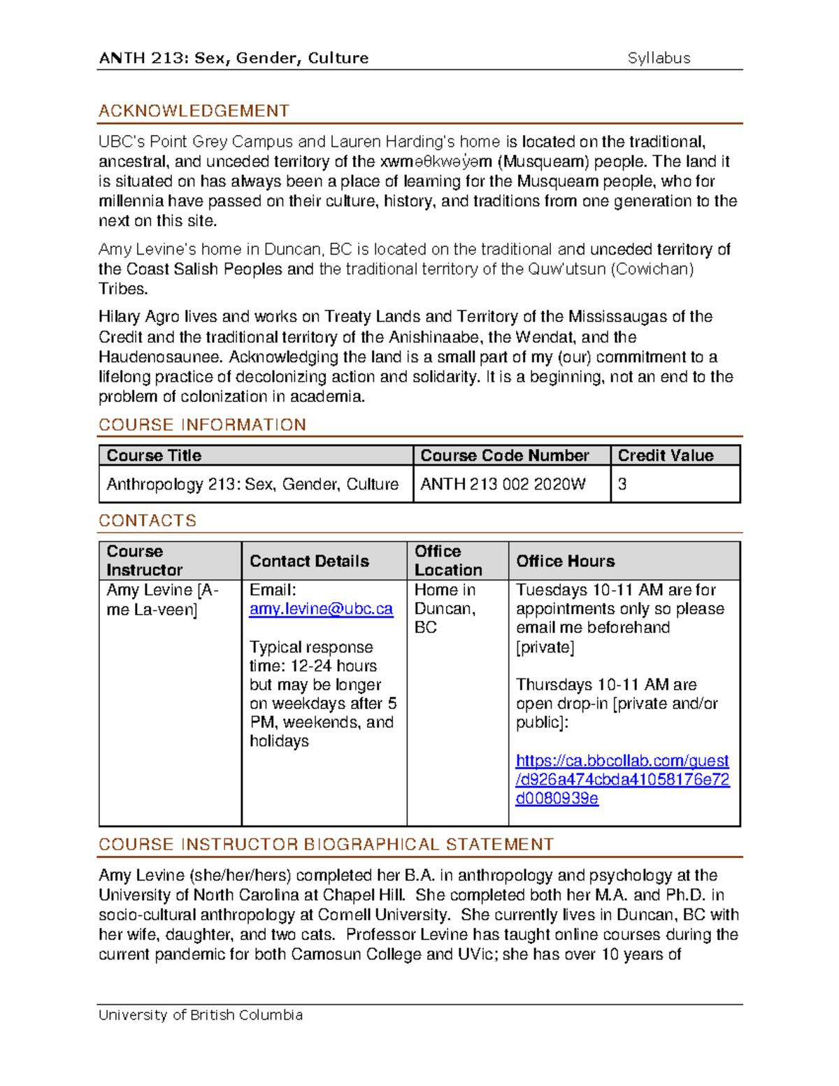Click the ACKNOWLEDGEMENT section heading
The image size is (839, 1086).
click(x=194, y=111)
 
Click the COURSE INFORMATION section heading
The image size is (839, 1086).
click(x=202, y=425)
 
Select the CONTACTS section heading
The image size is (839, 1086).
click(x=148, y=521)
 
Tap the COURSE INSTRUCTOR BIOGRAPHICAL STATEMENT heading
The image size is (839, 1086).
click(x=326, y=845)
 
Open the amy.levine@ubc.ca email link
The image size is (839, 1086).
click(x=321, y=609)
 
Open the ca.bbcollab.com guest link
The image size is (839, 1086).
click(x=622, y=779)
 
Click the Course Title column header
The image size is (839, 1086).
click(x=154, y=456)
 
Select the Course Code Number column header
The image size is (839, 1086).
click(x=504, y=456)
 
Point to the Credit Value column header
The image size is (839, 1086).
click(x=665, y=456)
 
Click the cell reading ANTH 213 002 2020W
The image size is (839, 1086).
click(x=503, y=485)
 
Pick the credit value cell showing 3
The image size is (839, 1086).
click(x=622, y=485)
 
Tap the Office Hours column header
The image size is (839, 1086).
click(x=565, y=562)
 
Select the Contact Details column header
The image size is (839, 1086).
click(x=309, y=562)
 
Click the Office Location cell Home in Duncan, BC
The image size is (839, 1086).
click(x=445, y=609)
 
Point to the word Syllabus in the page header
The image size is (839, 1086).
click(x=659, y=59)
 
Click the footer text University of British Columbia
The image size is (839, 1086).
click(x=201, y=1015)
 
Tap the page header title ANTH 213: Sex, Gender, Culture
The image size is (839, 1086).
click(x=234, y=59)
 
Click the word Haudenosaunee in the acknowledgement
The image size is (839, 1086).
click(x=162, y=357)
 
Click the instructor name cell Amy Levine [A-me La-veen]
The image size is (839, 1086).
click(x=162, y=600)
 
